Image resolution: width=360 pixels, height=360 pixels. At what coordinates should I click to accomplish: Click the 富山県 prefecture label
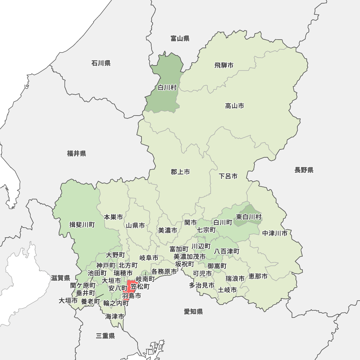[x=180, y=39]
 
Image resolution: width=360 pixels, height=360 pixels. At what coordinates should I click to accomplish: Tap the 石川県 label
[x=101, y=63]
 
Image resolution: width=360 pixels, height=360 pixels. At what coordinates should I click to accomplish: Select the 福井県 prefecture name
[x=76, y=154]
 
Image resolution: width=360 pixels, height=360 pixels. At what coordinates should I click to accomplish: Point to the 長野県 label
[x=304, y=170]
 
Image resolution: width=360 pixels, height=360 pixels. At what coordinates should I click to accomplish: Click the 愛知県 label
[x=193, y=312]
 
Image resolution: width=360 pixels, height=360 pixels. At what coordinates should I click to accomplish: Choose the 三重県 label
[x=105, y=336]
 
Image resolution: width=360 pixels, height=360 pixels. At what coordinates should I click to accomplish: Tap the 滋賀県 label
[x=60, y=278]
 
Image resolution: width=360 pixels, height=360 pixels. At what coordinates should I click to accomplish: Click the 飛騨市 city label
[x=224, y=65]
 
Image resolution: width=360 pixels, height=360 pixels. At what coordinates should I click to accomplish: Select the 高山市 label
[x=235, y=106]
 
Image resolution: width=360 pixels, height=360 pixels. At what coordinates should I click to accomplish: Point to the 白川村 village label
[x=167, y=87]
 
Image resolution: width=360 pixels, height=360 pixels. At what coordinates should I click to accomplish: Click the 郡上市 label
[x=180, y=172]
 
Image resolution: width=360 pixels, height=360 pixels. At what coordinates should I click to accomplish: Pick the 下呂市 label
[x=228, y=176]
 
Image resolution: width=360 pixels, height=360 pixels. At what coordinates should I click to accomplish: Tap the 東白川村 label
[x=249, y=217]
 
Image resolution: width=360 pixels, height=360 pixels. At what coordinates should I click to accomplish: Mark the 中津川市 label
[x=275, y=233]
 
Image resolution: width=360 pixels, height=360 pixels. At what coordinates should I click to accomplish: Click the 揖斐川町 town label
[x=82, y=225]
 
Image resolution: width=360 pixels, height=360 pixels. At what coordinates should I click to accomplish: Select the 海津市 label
[x=115, y=317]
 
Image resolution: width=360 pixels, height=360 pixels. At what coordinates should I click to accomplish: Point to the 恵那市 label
[x=258, y=276]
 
